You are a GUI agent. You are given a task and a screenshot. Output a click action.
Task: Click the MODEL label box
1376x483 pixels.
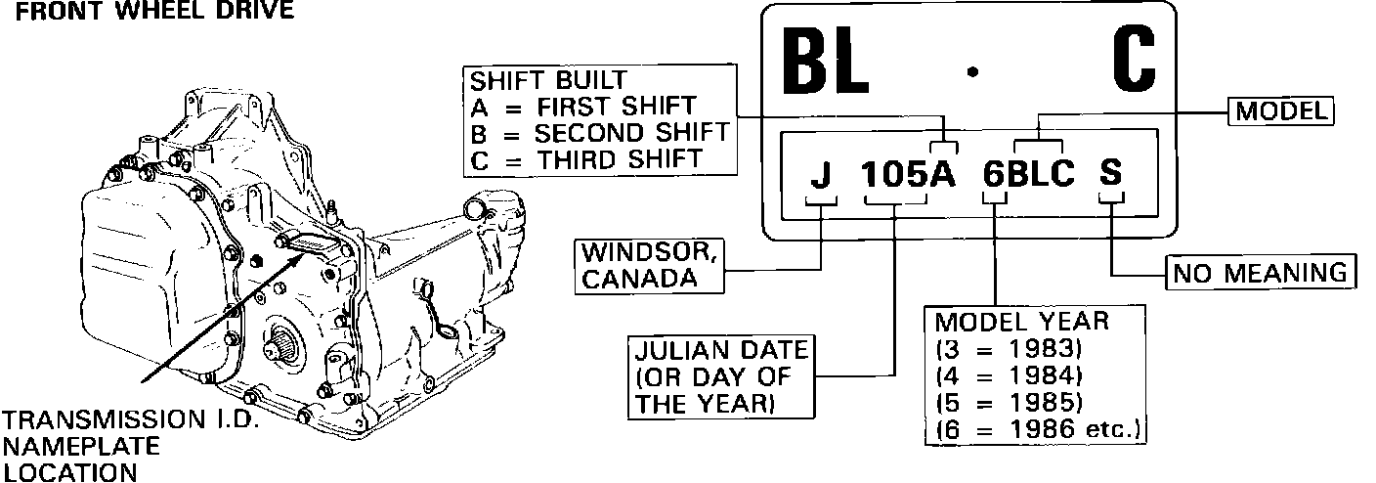(x=1280, y=111)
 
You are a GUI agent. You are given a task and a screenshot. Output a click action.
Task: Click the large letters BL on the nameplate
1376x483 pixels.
(x=825, y=62)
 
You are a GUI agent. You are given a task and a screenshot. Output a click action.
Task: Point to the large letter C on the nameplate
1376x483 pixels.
(x=1135, y=62)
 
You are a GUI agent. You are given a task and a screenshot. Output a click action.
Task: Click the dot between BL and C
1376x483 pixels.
(x=970, y=70)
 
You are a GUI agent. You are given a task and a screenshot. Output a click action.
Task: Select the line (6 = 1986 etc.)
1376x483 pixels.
(x=1040, y=428)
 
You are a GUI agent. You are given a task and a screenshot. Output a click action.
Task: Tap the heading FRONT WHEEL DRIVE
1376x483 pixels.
(x=147, y=11)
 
